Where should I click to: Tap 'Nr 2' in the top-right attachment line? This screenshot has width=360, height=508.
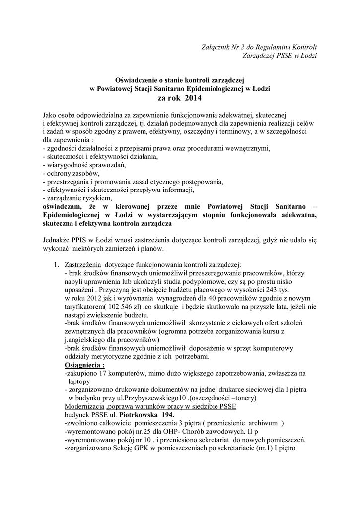point(236,47)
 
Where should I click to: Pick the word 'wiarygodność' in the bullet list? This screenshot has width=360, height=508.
point(71,164)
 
